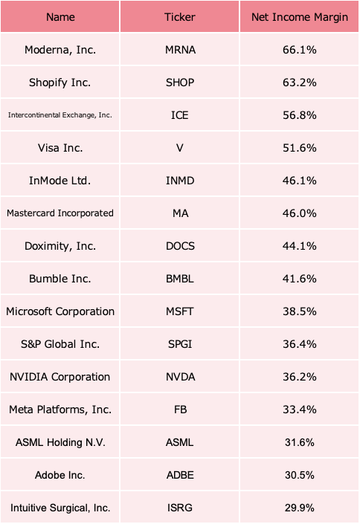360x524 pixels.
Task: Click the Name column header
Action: (x=60, y=17)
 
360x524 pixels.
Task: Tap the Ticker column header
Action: (x=180, y=17)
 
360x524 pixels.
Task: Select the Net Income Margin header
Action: (x=300, y=17)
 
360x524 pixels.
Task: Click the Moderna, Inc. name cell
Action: (x=60, y=50)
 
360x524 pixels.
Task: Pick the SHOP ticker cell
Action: (x=180, y=83)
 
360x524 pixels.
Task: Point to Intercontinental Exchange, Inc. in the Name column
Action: (x=60, y=115)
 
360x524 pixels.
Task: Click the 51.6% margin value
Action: (x=300, y=148)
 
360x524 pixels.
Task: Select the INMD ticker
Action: (x=180, y=181)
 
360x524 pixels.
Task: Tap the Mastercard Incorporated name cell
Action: (x=60, y=213)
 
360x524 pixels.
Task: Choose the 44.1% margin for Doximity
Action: (x=300, y=246)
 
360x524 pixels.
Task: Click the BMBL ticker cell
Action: (x=180, y=279)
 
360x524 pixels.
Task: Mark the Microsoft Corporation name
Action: (x=60, y=311)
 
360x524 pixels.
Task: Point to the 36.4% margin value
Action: (x=300, y=344)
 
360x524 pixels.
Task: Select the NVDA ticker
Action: (x=180, y=377)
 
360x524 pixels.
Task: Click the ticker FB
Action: (x=180, y=410)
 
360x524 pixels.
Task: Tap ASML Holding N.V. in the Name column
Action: (x=60, y=442)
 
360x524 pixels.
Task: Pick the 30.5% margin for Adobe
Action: (x=300, y=475)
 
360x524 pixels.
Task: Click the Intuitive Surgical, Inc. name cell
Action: (x=60, y=508)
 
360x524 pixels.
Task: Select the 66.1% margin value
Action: (x=300, y=50)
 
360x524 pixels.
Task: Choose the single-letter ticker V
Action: (x=180, y=148)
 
